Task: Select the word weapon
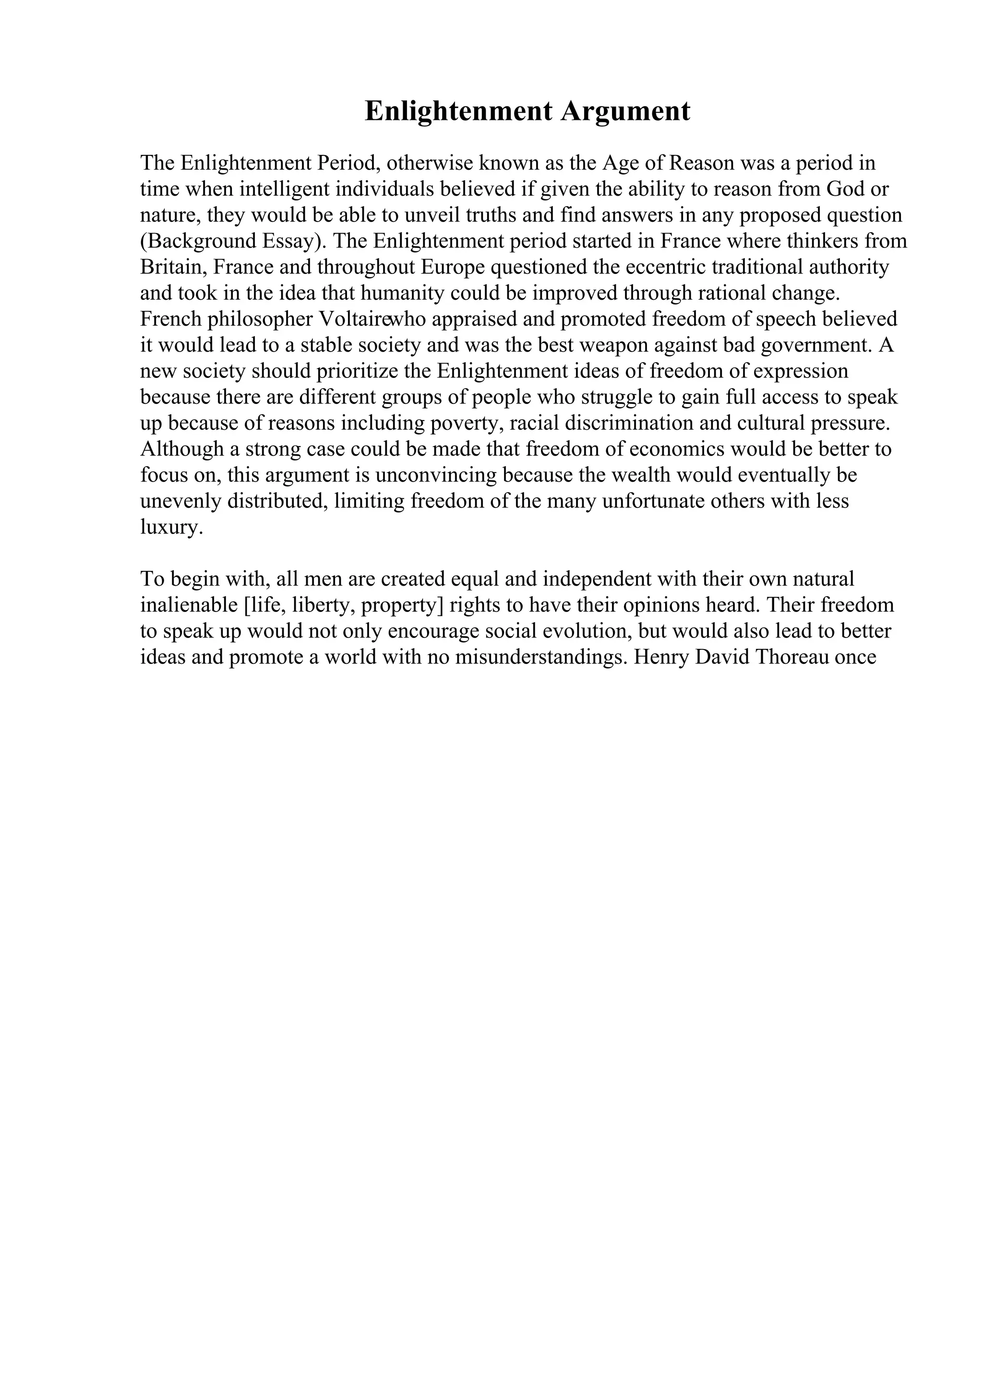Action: coord(613,345)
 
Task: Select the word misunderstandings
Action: coord(540,657)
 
